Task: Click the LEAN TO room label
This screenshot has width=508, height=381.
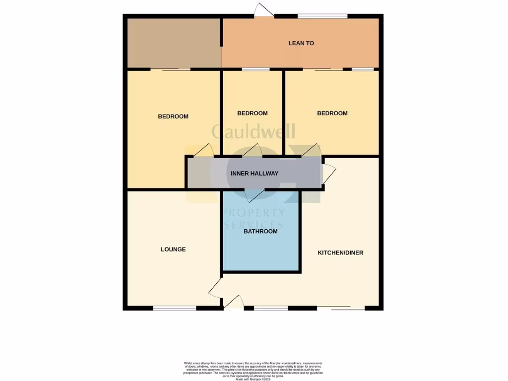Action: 301,43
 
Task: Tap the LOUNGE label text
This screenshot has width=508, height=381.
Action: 173,249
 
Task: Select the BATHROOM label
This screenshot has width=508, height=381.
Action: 260,231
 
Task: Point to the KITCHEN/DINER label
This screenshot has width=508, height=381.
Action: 340,253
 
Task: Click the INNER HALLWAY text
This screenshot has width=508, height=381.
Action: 254,174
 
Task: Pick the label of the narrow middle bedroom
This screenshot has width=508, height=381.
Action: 252,113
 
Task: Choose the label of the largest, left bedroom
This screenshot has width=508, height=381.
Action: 173,117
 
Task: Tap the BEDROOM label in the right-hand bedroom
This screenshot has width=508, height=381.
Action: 332,113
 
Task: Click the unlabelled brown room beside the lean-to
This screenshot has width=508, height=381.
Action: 174,43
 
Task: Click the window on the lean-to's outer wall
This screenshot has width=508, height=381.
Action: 322,16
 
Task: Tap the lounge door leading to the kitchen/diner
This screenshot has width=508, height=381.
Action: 215,287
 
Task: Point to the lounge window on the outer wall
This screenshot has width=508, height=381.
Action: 174,308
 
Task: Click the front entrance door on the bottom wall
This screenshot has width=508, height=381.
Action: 234,302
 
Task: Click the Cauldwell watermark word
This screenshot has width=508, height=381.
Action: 254,131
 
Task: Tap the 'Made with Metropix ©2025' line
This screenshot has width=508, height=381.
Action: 254,379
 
